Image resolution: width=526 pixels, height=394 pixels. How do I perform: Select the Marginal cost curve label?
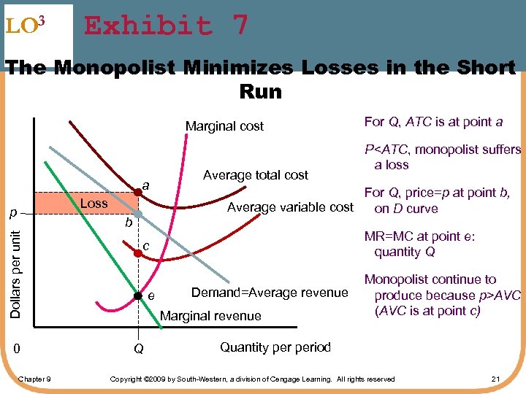click(x=224, y=126)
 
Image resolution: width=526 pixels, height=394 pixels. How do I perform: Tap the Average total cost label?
click(x=256, y=174)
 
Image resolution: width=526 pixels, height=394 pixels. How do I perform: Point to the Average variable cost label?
click(x=291, y=207)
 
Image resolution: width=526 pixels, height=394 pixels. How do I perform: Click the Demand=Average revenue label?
click(x=269, y=293)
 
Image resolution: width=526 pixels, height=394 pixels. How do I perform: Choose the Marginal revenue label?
click(x=210, y=316)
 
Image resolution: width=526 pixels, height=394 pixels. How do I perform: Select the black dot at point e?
click(x=137, y=295)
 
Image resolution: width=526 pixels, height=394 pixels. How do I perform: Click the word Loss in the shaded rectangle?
click(x=94, y=204)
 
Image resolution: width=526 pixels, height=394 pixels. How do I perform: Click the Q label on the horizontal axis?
click(x=138, y=349)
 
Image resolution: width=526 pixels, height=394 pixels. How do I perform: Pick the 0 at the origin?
click(x=16, y=349)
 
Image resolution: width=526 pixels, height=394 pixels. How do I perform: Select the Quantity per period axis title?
click(x=275, y=347)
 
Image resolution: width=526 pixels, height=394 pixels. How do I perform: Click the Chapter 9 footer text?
click(x=35, y=379)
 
